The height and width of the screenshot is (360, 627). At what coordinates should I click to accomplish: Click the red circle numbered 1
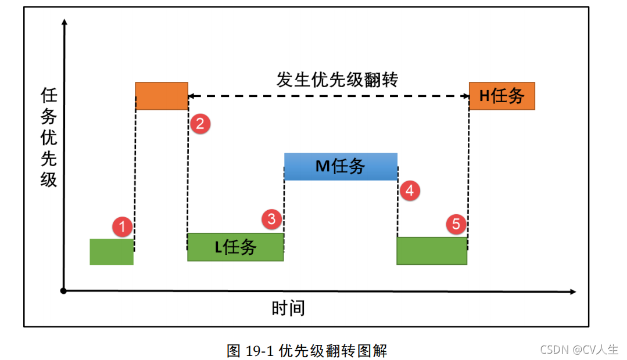pos(122,226)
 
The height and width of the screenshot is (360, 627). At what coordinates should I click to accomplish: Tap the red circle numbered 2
pos(200,124)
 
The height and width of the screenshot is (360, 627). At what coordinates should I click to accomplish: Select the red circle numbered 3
pos(271,218)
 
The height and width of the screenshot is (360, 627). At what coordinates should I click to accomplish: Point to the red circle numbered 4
pos(410,190)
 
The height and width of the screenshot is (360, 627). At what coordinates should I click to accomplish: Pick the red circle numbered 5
pos(456,224)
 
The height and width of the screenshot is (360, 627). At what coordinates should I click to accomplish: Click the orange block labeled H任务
pos(501,96)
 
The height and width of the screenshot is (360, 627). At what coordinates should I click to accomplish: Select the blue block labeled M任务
pos(341,167)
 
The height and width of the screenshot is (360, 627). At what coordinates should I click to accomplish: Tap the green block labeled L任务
pos(235,247)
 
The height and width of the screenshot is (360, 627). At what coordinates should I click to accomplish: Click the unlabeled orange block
pos(162,96)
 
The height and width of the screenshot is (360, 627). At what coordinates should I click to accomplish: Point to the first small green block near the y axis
pos(112,251)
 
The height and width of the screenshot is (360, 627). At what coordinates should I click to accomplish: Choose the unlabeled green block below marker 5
pos(432,251)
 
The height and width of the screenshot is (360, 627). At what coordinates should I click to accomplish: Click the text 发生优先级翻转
pos(337,80)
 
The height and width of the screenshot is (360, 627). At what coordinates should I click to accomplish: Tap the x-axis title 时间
pos(288,308)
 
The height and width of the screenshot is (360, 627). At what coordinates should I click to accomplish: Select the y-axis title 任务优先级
pos(49,137)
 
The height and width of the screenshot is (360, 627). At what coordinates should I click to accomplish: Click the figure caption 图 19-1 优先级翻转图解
pos(306,351)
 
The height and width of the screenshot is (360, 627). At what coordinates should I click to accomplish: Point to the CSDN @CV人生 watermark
pos(579,350)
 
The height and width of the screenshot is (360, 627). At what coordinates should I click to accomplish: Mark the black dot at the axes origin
pos(63,290)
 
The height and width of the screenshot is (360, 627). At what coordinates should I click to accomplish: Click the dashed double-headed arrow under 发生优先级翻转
pos(329,96)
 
